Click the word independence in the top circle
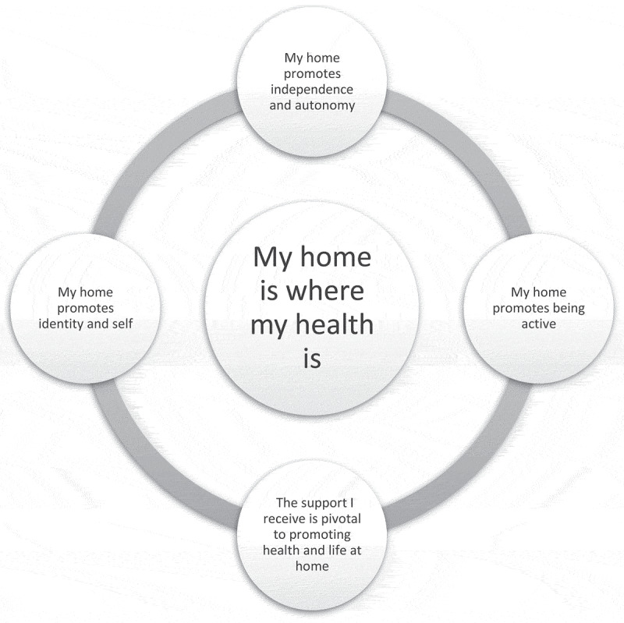pyautogui.click(x=312, y=88)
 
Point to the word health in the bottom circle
pyautogui.click(x=284, y=551)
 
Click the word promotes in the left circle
pyautogui.click(x=86, y=308)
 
